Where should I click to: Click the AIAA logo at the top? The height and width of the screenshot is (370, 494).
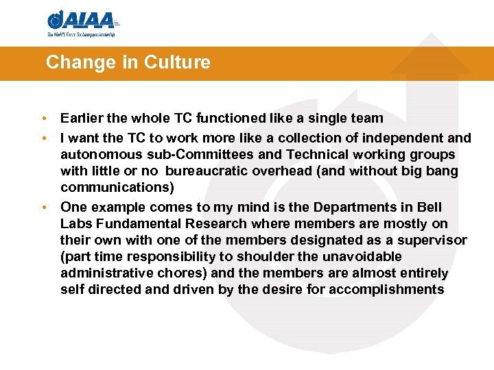(x=82, y=22)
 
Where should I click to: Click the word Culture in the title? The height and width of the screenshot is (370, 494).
(x=177, y=63)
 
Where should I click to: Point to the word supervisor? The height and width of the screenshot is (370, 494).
(x=430, y=240)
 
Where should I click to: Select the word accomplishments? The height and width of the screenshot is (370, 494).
(x=386, y=289)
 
